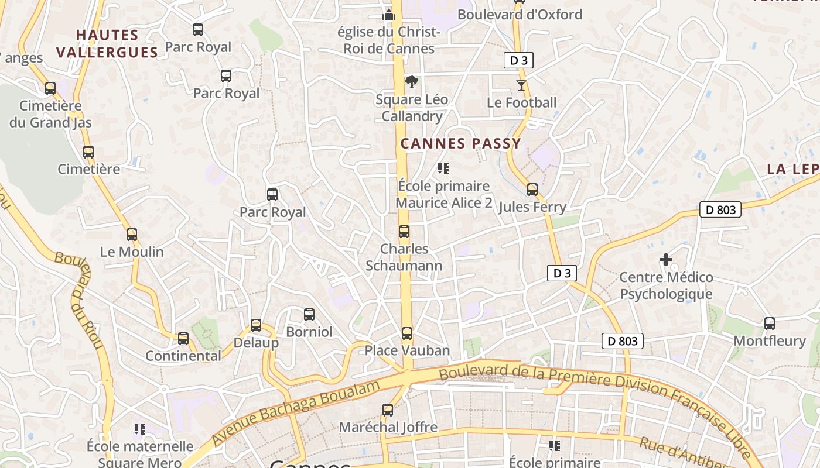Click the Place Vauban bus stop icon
[406, 333]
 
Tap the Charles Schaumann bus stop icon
[404, 231]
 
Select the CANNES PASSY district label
[460, 144]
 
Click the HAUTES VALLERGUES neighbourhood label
[107, 43]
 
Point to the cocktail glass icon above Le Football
[521, 85]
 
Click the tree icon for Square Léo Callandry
[412, 82]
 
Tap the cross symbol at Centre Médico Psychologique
[666, 259]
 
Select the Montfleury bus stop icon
[770, 323]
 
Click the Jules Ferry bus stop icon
[532, 189]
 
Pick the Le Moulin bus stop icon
[132, 235]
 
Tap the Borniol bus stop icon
[309, 315]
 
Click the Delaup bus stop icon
[256, 325]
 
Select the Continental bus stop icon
[183, 338]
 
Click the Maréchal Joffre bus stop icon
[388, 409]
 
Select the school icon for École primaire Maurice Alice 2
[443, 168]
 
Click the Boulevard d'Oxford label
[520, 15]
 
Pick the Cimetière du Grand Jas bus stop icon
[50, 88]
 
